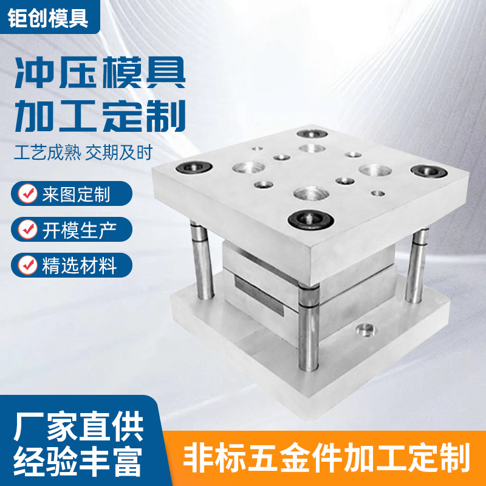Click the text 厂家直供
78,426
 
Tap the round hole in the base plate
365,330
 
